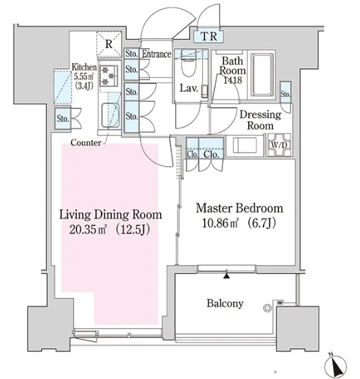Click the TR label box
(209, 36)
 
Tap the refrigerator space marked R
(109, 44)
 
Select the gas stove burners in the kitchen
(108, 76)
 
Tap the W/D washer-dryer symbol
(279, 145)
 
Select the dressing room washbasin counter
(245, 145)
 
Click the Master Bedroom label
(240, 208)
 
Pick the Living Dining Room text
(110, 215)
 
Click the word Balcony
(225, 303)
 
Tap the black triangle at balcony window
(226, 275)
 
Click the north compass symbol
(336, 366)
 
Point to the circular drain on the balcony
(267, 308)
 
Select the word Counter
(86, 143)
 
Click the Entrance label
(157, 54)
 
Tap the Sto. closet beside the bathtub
(286, 93)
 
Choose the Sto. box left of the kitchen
(63, 119)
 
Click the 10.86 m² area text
(220, 223)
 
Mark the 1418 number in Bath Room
(232, 80)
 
